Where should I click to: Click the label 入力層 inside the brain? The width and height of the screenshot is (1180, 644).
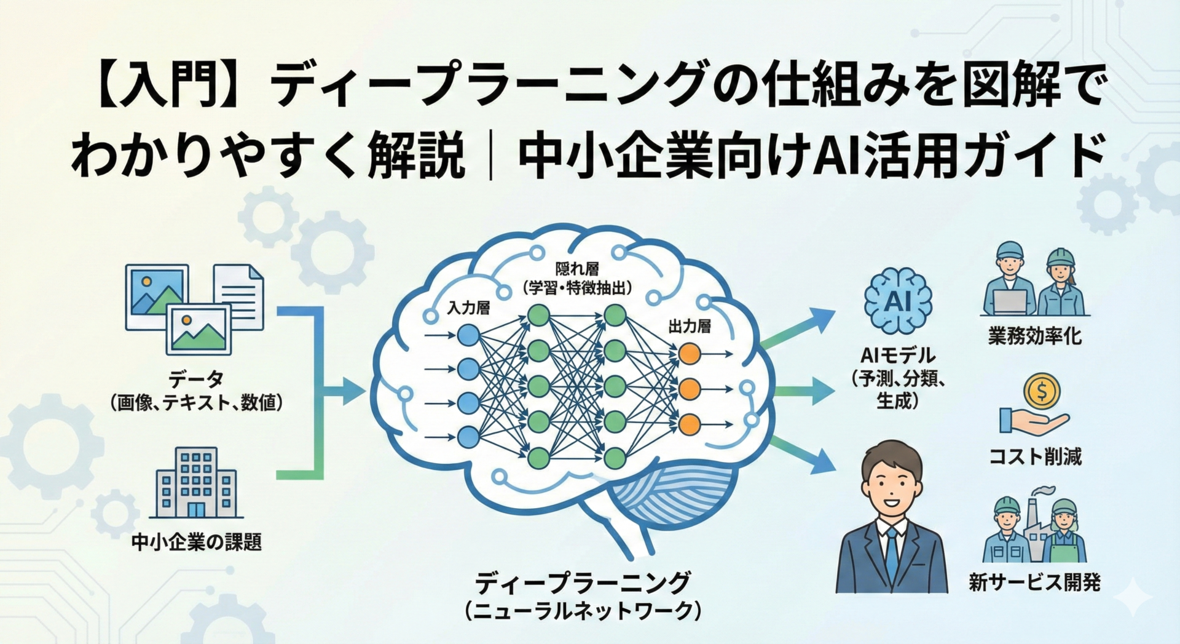click(468, 308)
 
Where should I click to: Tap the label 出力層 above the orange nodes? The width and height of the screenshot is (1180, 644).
click(690, 327)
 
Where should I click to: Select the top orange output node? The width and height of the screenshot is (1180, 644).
click(690, 354)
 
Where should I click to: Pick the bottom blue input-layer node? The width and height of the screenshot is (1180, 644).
click(468, 437)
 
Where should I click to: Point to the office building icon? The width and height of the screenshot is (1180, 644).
click(196, 483)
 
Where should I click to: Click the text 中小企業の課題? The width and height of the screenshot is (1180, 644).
click(196, 543)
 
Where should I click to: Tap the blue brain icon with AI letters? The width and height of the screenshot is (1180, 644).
click(897, 301)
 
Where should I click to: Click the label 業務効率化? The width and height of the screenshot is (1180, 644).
click(1034, 336)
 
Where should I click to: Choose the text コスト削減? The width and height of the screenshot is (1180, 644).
click(1035, 456)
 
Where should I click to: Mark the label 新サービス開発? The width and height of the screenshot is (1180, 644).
click(1034, 582)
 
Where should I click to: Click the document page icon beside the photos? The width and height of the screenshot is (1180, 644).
click(240, 295)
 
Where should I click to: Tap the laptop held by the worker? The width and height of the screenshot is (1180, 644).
click(1010, 301)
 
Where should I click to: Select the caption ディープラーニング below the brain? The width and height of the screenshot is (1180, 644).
click(583, 582)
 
